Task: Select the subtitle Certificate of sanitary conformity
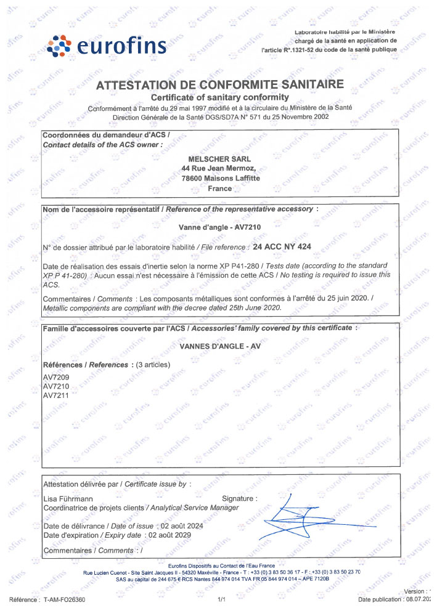coord(220,97)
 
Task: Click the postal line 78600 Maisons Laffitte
coord(221,178)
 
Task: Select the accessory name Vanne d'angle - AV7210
coord(220,227)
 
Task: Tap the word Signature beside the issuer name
coord(239,498)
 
